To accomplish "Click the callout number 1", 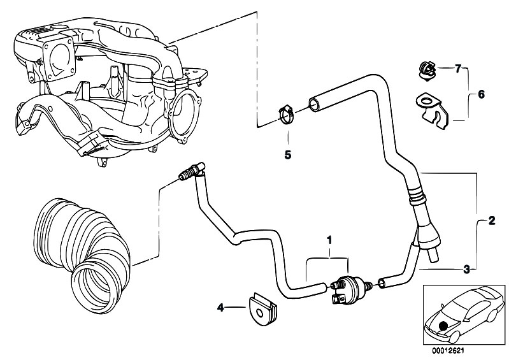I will tap(329, 241).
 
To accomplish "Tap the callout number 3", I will tap(466, 270).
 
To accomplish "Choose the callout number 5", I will tap(287, 154).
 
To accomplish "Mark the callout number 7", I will tap(457, 68).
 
